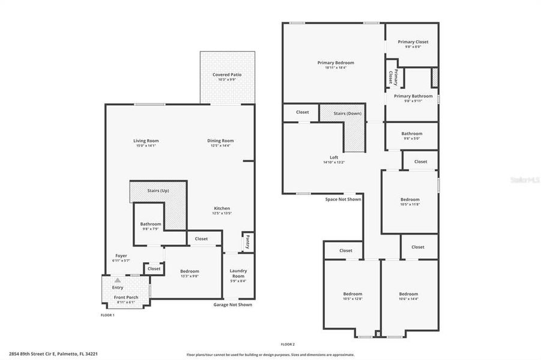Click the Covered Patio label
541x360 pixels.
[228, 75]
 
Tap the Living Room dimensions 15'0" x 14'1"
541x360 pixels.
[146, 146]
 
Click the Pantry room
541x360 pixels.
[247, 242]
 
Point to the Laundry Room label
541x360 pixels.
[238, 274]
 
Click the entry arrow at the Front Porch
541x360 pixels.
[118, 280]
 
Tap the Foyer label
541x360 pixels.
[121, 256]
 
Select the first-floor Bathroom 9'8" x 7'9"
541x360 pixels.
[151, 226]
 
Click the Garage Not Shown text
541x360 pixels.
[233, 305]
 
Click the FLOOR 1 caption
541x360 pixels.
[107, 314]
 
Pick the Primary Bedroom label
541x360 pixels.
[336, 62]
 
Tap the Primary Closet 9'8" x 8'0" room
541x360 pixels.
[413, 44]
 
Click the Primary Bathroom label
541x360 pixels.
[413, 96]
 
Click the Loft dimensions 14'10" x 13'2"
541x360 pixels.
[334, 162]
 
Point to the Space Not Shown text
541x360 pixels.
[343, 199]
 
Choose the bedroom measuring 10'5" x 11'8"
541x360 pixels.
[410, 202]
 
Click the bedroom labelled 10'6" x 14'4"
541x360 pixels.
[408, 296]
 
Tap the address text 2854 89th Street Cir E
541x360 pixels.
[53, 354]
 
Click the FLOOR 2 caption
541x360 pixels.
[288, 344]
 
